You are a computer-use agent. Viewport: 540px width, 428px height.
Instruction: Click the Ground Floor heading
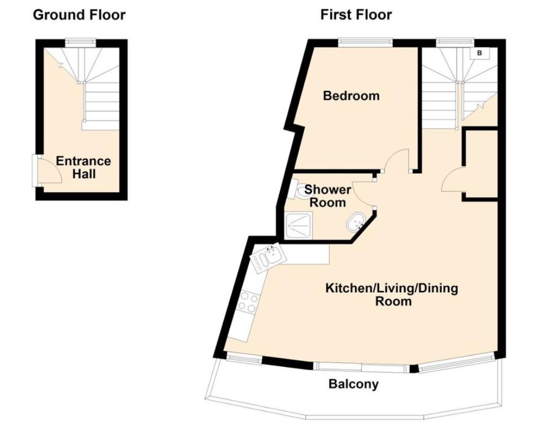(79, 15)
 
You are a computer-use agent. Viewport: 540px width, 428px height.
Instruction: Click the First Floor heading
(356, 15)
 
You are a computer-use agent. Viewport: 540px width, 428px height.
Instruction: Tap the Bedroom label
(351, 97)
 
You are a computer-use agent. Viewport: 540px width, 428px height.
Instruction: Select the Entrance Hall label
(83, 167)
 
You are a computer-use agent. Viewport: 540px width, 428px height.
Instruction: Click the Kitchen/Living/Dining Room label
(391, 294)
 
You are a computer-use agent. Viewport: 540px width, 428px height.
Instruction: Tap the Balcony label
(353, 384)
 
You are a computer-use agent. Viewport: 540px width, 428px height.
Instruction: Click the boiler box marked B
(480, 53)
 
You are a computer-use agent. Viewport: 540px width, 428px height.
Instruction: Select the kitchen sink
(266, 256)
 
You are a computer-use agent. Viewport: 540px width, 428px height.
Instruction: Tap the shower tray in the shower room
(299, 226)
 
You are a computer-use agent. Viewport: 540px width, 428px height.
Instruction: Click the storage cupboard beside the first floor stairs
(480, 164)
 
